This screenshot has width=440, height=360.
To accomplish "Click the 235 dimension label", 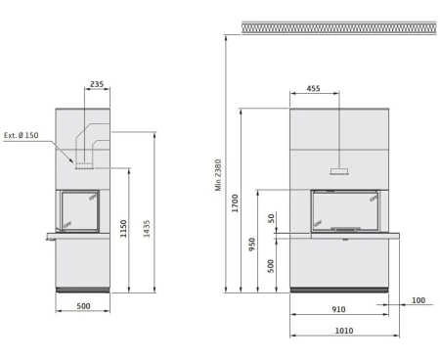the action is click(97, 84).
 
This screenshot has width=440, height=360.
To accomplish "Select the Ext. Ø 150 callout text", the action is click(22, 135).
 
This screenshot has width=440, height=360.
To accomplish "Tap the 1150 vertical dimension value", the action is click(123, 229).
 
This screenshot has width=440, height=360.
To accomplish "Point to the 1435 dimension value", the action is click(147, 229).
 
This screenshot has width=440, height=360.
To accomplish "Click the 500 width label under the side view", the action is click(83, 306).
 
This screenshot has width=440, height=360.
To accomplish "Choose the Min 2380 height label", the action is click(218, 175).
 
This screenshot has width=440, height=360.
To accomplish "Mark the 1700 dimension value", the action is click(235, 203).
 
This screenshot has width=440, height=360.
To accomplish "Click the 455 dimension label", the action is click(313, 88).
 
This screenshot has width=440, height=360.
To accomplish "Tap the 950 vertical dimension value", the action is click(252, 245).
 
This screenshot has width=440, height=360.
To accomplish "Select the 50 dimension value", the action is click(271, 218).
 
